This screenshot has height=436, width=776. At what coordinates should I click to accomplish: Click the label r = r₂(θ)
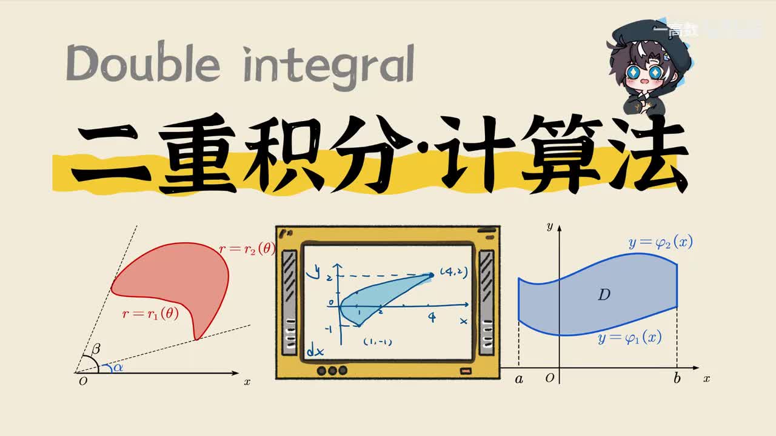pos(247,249)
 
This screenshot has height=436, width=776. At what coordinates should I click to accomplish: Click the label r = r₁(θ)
pos(150,314)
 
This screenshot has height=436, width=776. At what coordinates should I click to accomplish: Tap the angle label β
pos(96,349)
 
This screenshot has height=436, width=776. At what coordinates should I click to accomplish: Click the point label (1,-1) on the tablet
pos(377,342)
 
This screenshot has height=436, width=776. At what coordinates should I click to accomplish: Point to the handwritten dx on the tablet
pos(315,350)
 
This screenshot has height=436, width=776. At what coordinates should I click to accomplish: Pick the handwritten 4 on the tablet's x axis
pos(432,317)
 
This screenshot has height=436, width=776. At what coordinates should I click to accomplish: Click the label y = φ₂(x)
pos(660,243)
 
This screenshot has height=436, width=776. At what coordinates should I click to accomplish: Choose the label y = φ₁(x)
pos(629,338)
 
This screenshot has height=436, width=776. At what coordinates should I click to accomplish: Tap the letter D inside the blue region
pos(603,295)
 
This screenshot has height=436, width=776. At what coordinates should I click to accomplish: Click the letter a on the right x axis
pos(519,379)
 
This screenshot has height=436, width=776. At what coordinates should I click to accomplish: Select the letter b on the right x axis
pos(677,379)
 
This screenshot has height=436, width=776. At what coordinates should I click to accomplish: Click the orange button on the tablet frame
pos(466,371)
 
